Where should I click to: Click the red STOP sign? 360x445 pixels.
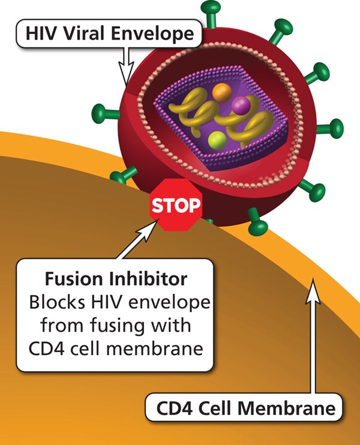coord(175,206)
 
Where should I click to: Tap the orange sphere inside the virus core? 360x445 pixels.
coord(223,92)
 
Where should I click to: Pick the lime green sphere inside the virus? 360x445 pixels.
coord(217,142)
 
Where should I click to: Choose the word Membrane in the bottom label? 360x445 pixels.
coord(293,410)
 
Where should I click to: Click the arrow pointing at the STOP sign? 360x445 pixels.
coord(135,242)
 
